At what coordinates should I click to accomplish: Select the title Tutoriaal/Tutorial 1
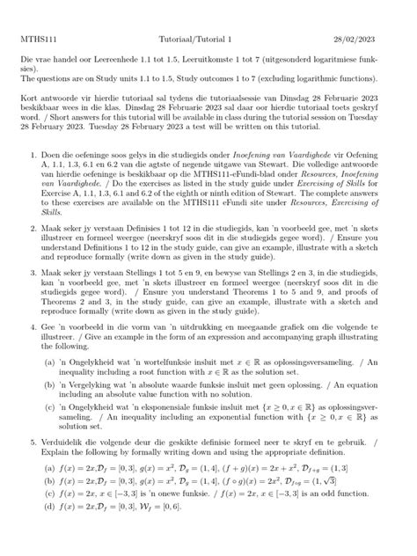(207, 16)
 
